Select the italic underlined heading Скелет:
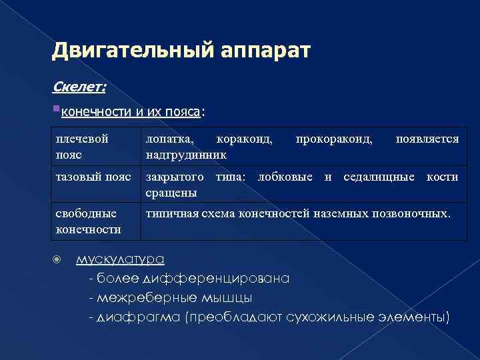coord(79,88)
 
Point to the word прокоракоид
coord(334,139)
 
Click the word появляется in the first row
coord(427,139)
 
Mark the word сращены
coord(171,192)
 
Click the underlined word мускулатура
coord(121,260)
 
